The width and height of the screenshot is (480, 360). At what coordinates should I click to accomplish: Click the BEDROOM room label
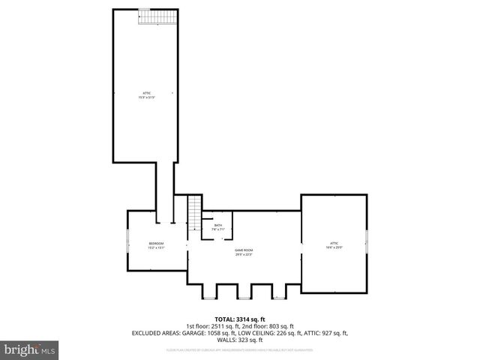point(156,243)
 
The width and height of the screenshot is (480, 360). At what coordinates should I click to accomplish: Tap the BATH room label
point(218,225)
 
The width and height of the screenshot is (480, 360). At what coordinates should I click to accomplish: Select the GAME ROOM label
point(244,250)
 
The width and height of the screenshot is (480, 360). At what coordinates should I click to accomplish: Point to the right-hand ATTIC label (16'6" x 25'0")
point(334,244)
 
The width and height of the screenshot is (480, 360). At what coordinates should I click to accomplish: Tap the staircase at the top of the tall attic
point(157,17)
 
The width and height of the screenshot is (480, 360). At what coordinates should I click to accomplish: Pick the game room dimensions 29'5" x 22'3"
point(244,253)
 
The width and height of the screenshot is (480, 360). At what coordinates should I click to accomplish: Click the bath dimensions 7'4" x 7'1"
point(218,229)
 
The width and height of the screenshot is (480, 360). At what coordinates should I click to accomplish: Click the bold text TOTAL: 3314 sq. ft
point(240,318)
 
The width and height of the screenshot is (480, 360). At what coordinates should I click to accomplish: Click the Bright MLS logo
point(30,349)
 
